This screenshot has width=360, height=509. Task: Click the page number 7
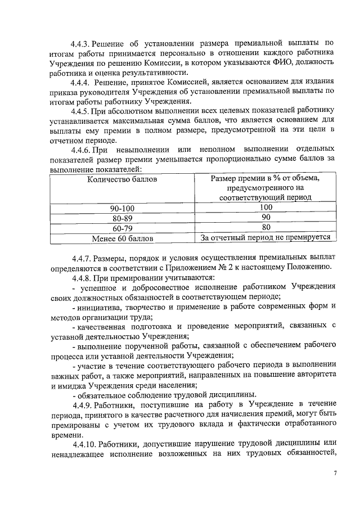(335, 473)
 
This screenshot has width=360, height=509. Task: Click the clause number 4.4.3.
(80, 43)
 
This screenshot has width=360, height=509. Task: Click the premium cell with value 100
(265, 208)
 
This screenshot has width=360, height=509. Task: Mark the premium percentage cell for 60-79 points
(265, 228)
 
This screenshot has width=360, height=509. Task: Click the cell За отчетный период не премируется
(265, 238)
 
